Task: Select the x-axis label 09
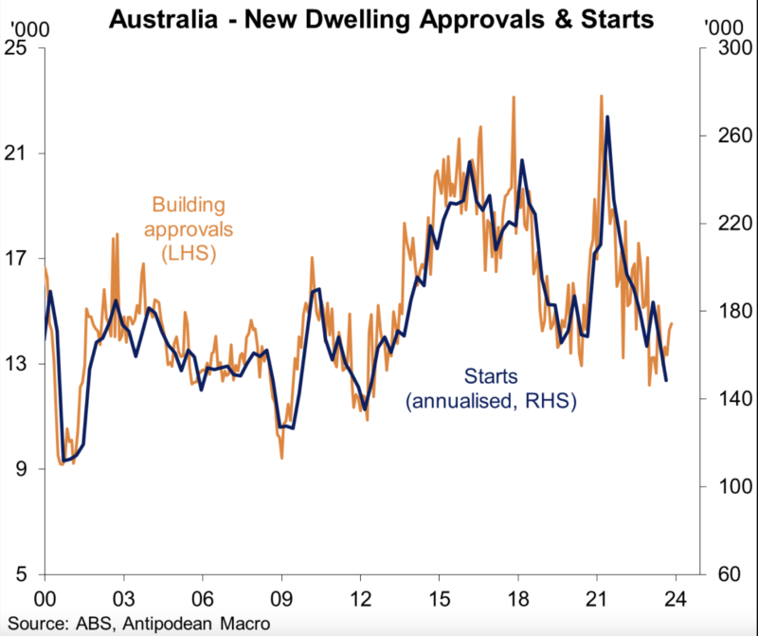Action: [x=281, y=599]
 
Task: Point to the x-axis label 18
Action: [x=517, y=599]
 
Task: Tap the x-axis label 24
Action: [x=675, y=599]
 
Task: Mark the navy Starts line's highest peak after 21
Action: [x=606, y=117]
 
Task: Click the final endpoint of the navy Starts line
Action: [x=666, y=380]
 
